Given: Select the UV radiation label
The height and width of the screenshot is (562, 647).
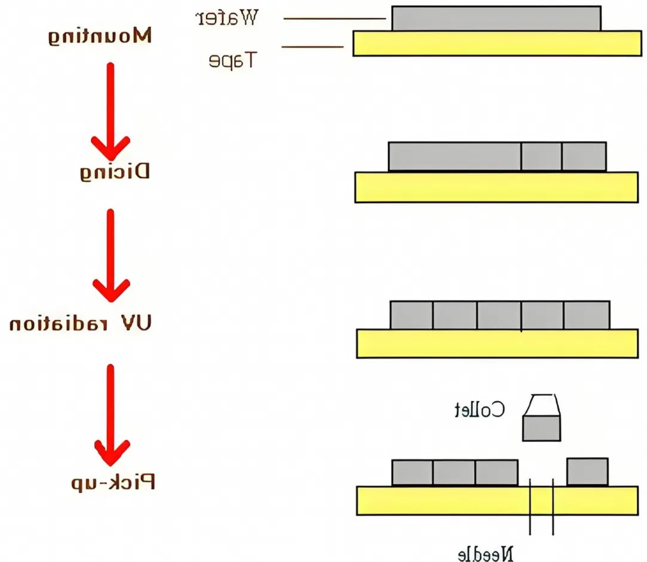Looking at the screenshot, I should pyautogui.click(x=81, y=324).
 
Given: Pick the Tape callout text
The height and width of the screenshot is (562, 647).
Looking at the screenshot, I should pyautogui.click(x=233, y=60).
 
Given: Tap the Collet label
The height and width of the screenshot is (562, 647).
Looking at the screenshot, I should pyautogui.click(x=479, y=410).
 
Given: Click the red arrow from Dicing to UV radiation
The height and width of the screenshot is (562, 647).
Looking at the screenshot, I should pyautogui.click(x=110, y=255).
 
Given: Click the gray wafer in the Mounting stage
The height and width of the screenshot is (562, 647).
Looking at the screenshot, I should pyautogui.click(x=496, y=18).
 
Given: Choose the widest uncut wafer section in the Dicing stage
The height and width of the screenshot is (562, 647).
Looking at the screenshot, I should pyautogui.click(x=454, y=157).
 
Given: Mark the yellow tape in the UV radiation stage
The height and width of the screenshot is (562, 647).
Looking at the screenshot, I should pyautogui.click(x=497, y=344).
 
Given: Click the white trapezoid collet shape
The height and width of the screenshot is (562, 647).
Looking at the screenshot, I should pyautogui.click(x=542, y=405).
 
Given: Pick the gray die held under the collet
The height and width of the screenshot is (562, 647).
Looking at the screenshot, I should pyautogui.click(x=541, y=429).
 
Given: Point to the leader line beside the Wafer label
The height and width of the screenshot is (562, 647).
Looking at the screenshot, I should pyautogui.click(x=334, y=19).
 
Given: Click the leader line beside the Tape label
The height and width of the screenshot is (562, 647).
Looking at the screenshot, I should pyautogui.click(x=312, y=46).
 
